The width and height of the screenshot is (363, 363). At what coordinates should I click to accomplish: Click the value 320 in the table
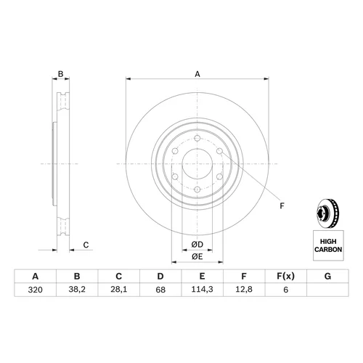[x=36, y=290]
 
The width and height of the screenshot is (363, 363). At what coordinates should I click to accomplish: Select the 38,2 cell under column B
[x=77, y=290]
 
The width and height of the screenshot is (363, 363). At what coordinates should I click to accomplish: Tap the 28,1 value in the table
[x=119, y=290]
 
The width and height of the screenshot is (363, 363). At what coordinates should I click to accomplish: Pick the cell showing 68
[x=160, y=290]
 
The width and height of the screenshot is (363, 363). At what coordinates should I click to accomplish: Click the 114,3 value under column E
[x=203, y=290]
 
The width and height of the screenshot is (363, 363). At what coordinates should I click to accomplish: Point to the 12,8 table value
[x=244, y=290]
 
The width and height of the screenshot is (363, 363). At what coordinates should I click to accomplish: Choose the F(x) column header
[x=286, y=276]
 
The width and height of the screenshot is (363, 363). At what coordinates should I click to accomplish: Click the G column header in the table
[x=327, y=276]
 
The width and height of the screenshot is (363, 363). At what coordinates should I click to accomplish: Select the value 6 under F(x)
[x=286, y=290]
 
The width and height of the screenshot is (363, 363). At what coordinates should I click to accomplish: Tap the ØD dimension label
[x=197, y=245]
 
